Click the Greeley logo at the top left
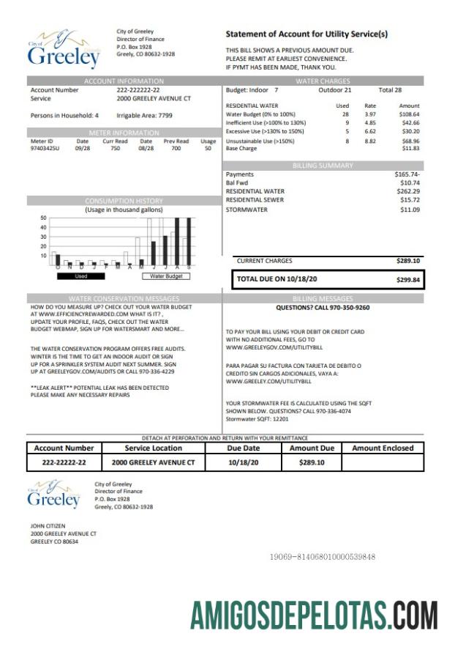click(x=64, y=50)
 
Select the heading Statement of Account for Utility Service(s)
click(x=307, y=34)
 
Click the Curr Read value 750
click(x=114, y=148)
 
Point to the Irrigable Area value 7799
click(x=165, y=116)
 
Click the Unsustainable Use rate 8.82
click(x=370, y=141)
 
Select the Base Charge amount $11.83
click(x=411, y=149)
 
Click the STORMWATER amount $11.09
click(x=410, y=210)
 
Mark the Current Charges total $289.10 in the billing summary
click(x=407, y=261)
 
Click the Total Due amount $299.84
click(x=407, y=279)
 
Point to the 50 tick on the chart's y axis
click(x=43, y=218)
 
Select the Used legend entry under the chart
click(x=80, y=276)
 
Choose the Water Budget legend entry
click(x=166, y=276)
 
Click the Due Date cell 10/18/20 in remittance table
click(x=244, y=463)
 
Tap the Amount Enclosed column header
click(x=383, y=448)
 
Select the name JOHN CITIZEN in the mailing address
click(x=48, y=525)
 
